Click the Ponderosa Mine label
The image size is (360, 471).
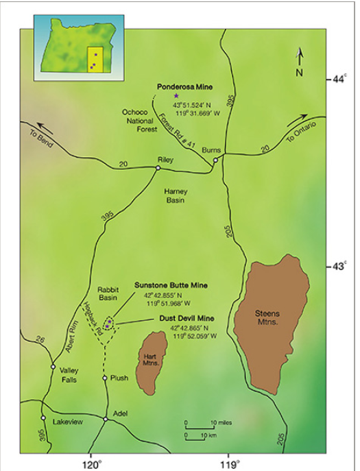(185, 87)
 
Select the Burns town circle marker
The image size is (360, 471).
(215, 160)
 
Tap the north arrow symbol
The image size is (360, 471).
(299, 60)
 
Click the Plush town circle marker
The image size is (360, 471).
(105, 378)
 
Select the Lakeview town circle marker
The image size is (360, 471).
(43, 418)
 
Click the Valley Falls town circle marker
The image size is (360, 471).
(53, 367)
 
